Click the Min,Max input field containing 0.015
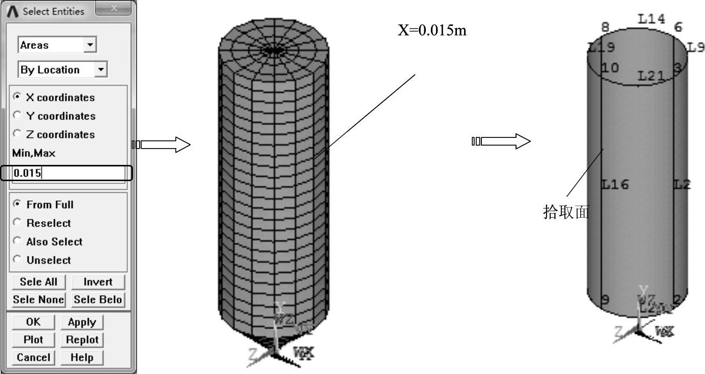tap(68, 173)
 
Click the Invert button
tap(98, 282)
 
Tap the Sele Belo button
tap(98, 300)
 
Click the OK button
tap(33, 322)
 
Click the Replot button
tap(82, 339)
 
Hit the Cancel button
tap(33, 357)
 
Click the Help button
tap(82, 357)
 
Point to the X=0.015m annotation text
tap(432, 31)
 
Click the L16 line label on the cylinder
tap(615, 184)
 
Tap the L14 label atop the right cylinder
tap(652, 19)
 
